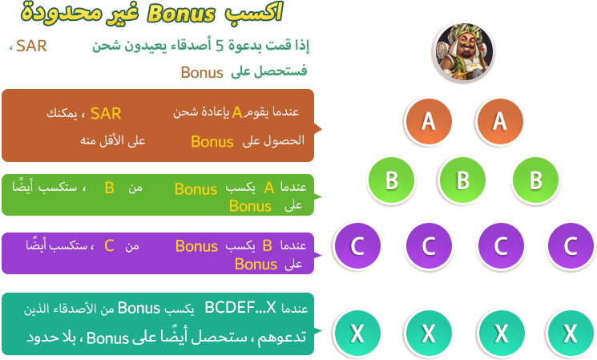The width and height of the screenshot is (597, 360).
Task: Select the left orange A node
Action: (x=428, y=121)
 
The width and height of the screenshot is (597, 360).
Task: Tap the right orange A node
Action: (x=499, y=121)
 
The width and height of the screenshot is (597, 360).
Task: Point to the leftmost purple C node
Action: (x=357, y=245)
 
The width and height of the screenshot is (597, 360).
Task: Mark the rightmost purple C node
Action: (x=571, y=245)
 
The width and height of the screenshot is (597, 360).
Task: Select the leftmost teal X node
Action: (x=357, y=331)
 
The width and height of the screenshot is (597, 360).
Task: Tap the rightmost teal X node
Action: (x=571, y=331)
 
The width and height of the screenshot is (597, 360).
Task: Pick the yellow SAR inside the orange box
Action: (x=106, y=113)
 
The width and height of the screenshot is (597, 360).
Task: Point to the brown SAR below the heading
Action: (x=31, y=45)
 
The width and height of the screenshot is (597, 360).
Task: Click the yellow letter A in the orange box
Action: (x=237, y=113)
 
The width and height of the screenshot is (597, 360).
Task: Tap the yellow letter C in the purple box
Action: (x=109, y=245)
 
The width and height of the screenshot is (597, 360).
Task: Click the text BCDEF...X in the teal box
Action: (x=240, y=308)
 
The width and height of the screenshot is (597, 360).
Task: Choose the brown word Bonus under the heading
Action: (x=201, y=72)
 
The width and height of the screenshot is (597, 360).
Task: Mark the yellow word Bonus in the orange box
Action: (x=212, y=142)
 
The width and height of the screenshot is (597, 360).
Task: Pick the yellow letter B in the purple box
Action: (x=268, y=245)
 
